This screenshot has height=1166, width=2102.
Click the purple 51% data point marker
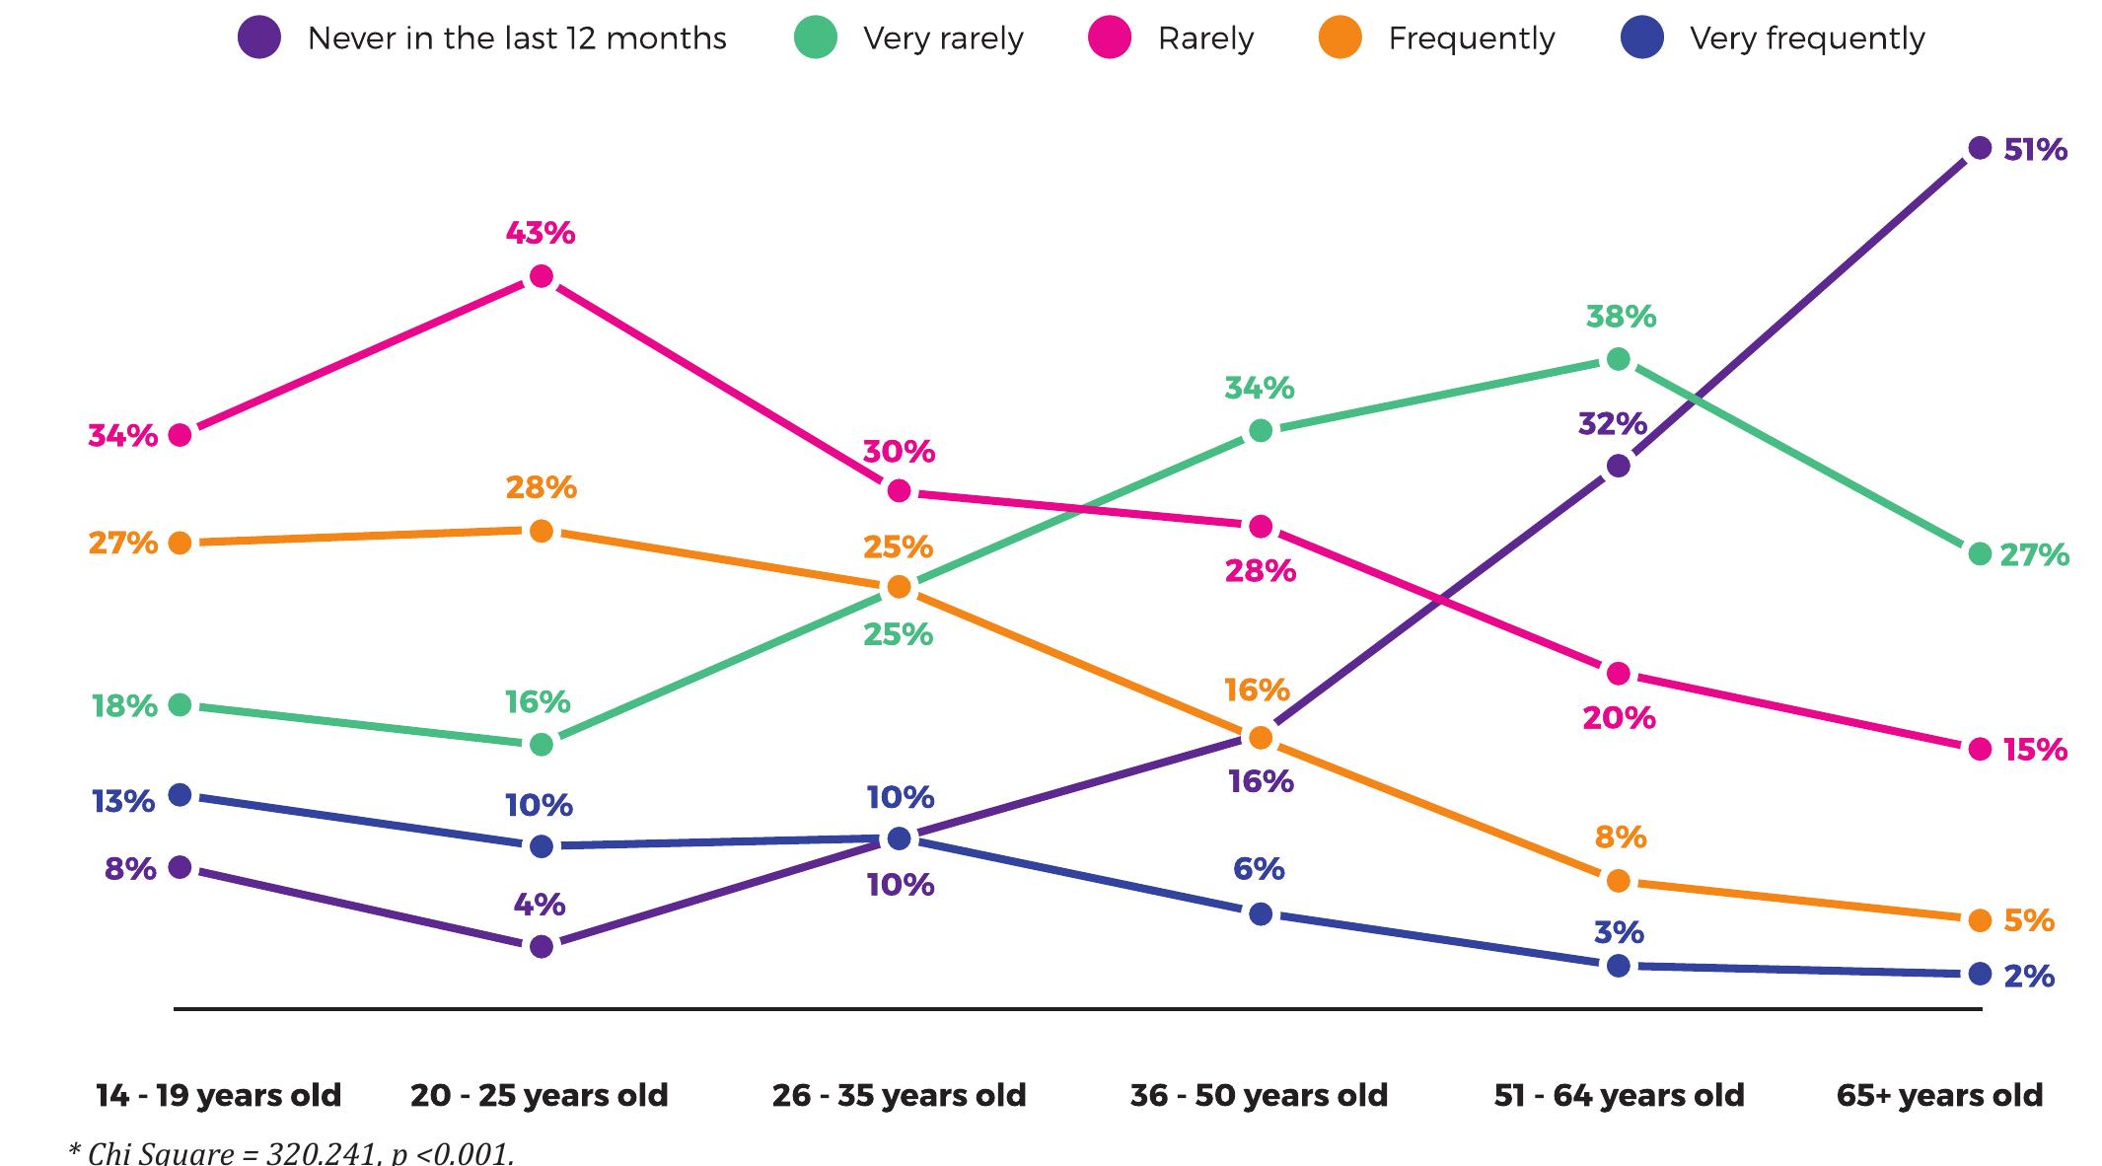1979,149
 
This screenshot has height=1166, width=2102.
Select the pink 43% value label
541,233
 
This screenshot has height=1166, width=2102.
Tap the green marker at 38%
1619,359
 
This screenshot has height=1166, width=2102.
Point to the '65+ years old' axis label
1939,1095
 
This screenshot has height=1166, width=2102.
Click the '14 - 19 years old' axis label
218,1095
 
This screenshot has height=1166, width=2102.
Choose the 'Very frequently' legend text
1807,38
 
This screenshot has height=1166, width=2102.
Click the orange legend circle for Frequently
1340,38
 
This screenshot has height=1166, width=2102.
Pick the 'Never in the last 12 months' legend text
517,38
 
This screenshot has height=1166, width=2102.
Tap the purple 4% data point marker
542,947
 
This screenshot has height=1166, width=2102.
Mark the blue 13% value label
123,801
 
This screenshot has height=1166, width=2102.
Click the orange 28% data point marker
542,532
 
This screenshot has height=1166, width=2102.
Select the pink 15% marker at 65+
1979,750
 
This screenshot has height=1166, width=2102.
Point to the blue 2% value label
2029,977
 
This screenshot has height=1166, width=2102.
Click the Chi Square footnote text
291,1152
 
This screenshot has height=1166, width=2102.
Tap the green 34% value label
1260,388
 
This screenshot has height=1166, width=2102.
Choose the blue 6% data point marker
1261,914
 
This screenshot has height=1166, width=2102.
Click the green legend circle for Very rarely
816,38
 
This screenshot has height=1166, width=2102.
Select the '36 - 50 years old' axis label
1259,1095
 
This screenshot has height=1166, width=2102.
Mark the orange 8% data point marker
1619,881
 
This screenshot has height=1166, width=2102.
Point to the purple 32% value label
1613,424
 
